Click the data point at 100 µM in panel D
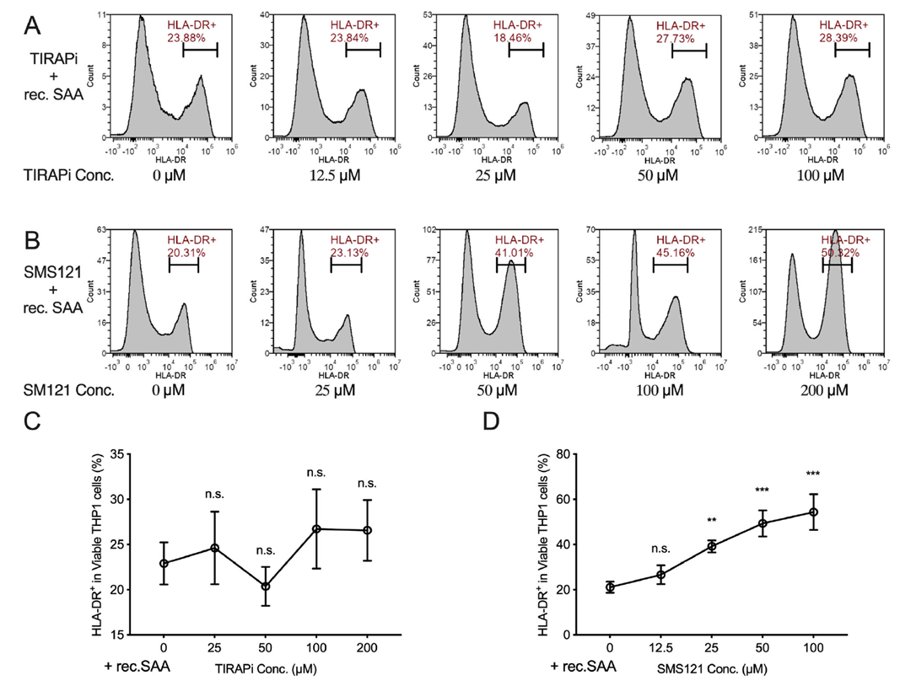coord(814,512)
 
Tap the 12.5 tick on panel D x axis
coord(660,650)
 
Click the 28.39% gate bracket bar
coord(852,51)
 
